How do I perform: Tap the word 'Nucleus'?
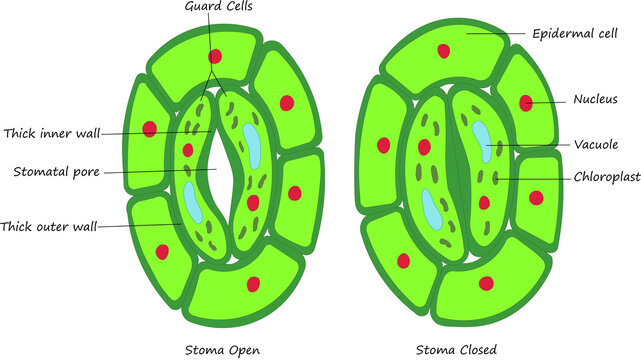click(x=595, y=99)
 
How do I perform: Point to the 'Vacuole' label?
click(x=596, y=144)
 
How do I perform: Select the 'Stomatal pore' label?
click(x=54, y=171)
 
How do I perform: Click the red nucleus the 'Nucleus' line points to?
click(x=526, y=102)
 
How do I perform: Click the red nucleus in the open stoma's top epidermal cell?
click(x=215, y=56)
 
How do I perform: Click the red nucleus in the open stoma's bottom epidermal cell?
click(x=253, y=283)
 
